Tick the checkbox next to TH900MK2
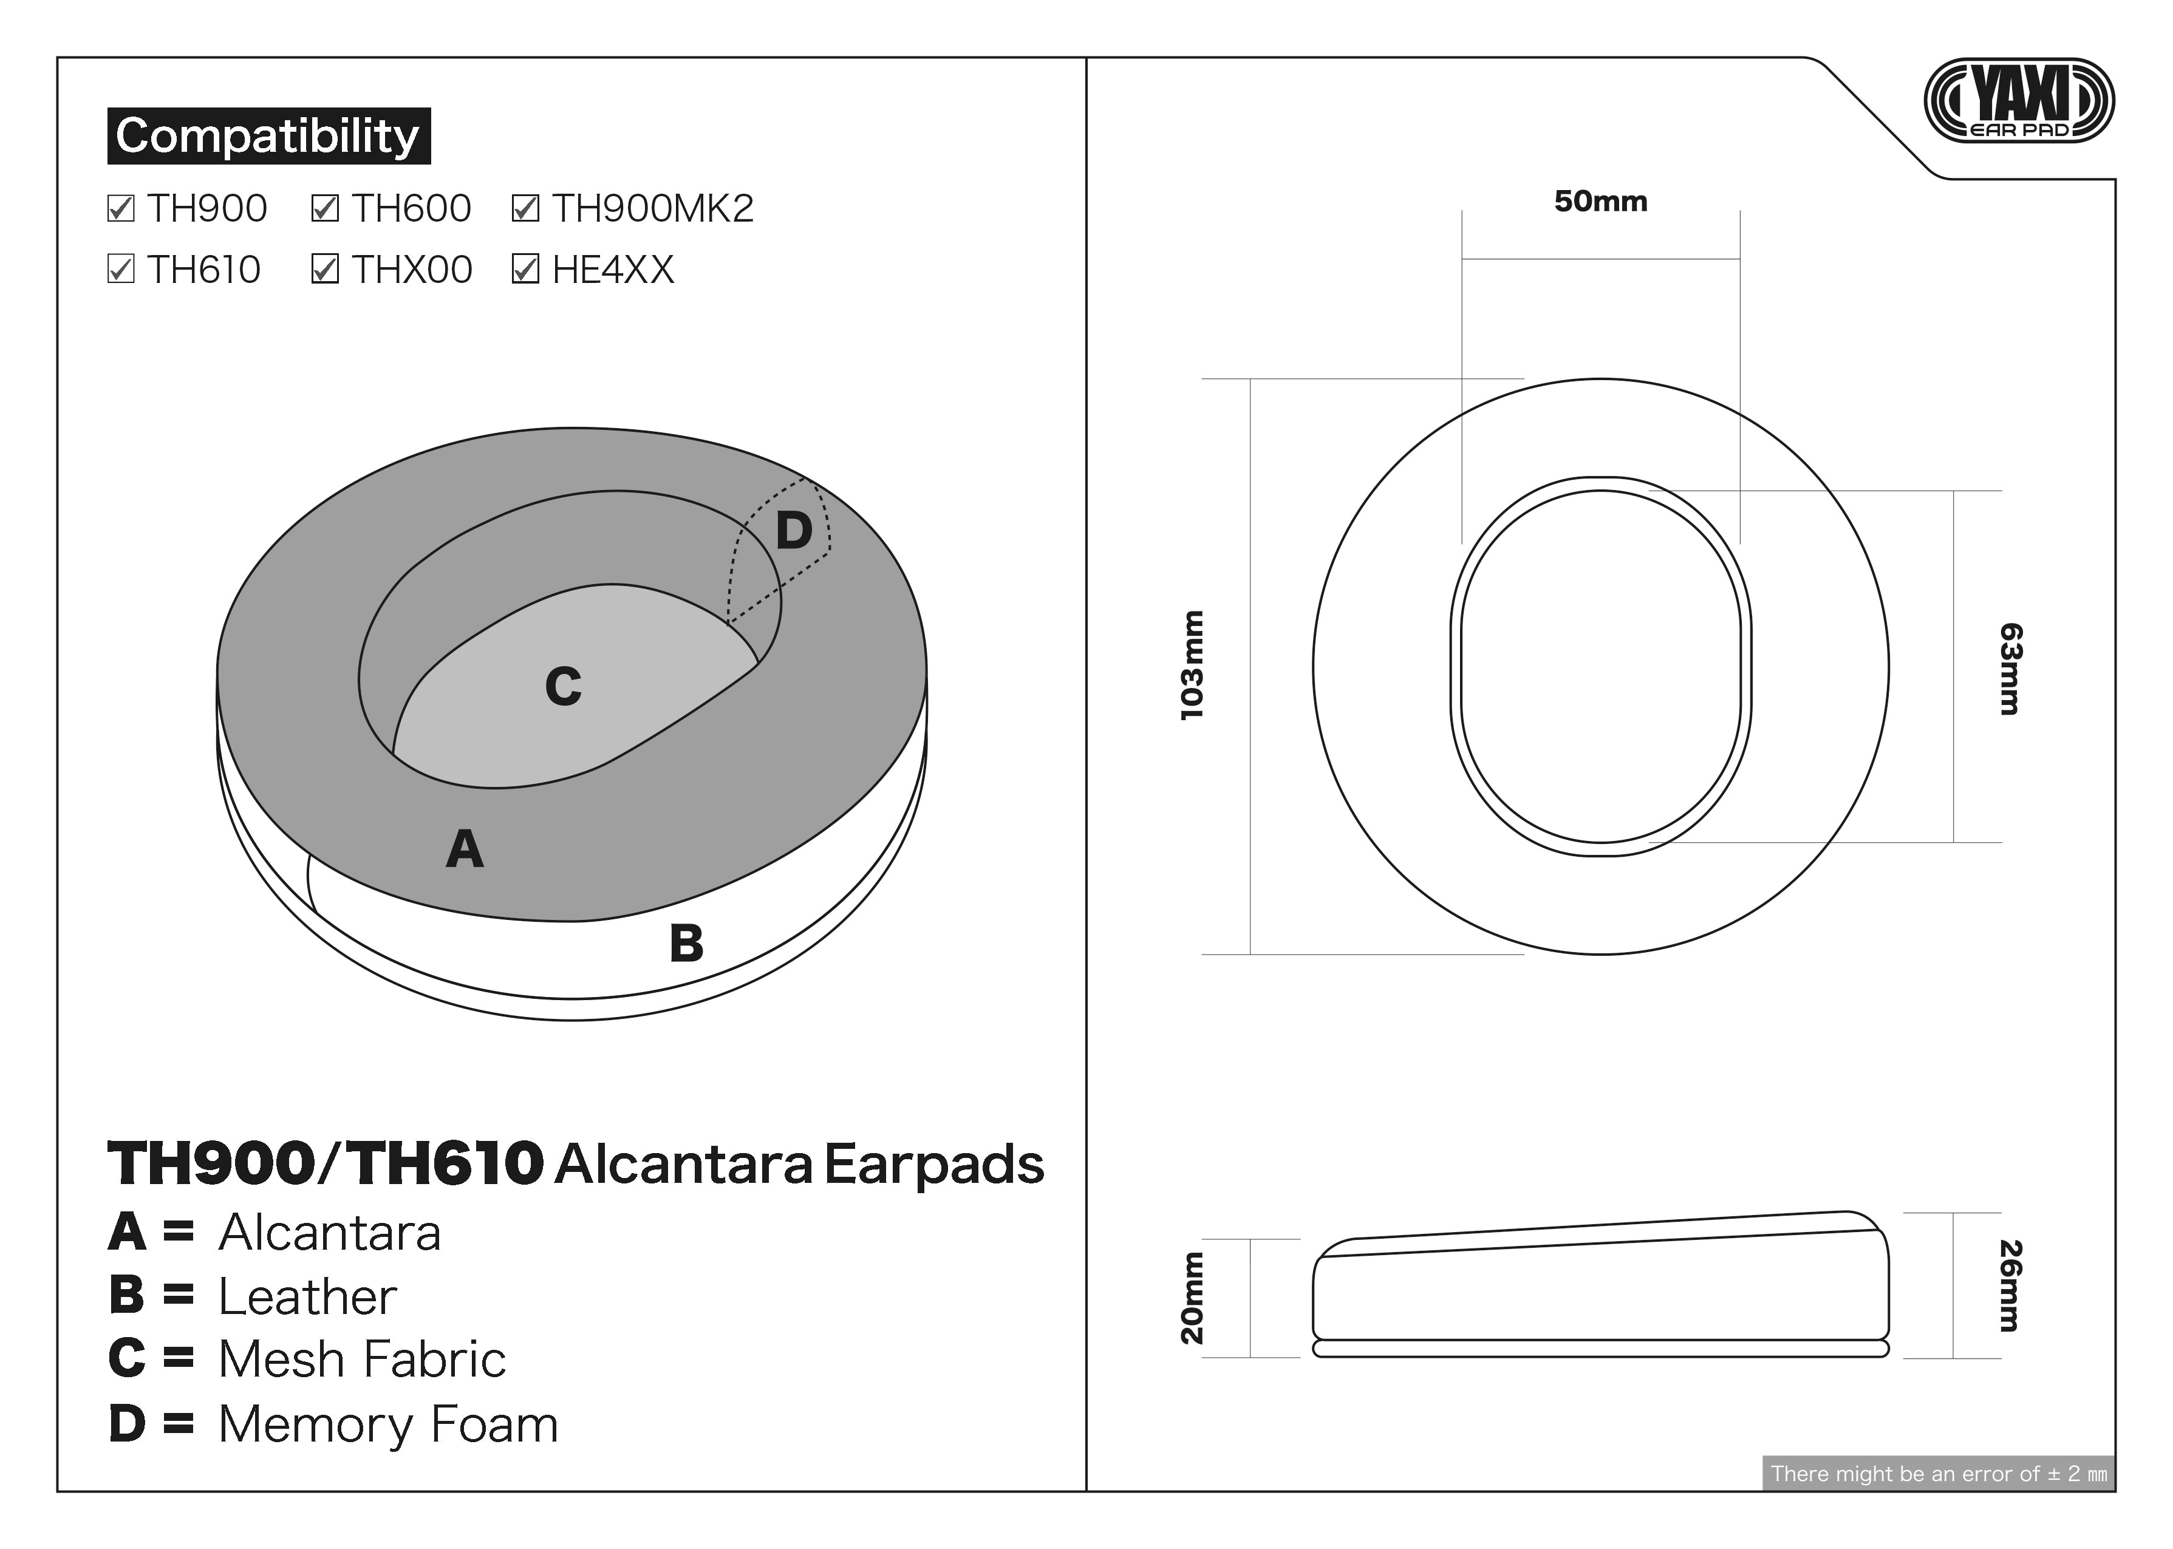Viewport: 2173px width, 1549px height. pos(525,208)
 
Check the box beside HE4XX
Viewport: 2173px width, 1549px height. pos(525,270)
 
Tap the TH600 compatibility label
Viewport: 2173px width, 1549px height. pos(411,208)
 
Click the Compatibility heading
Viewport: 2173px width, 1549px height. pos(268,135)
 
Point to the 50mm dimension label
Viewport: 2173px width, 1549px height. pos(1601,201)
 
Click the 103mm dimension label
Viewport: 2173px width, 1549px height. pos(1192,665)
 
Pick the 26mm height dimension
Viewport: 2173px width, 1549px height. pos(2010,1285)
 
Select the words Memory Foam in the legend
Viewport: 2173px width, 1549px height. pos(388,1424)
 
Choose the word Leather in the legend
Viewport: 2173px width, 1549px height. pos(307,1296)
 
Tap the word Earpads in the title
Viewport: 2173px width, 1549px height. pos(933,1166)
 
